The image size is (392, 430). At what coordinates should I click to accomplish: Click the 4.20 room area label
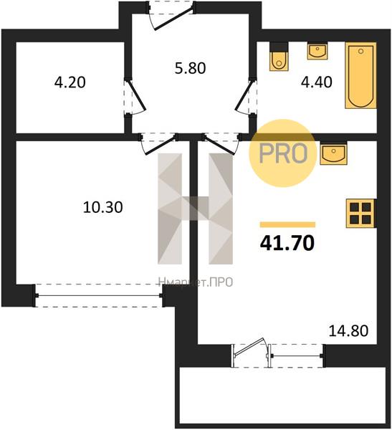click(x=70, y=82)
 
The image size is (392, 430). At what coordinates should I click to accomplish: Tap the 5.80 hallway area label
click(x=191, y=68)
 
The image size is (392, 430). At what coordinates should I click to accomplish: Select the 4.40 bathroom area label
click(x=317, y=82)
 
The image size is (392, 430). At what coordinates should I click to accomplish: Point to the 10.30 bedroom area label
click(x=102, y=207)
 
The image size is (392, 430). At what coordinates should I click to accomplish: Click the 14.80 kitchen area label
click(x=348, y=330)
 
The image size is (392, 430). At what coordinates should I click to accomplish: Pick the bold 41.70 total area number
click(x=287, y=243)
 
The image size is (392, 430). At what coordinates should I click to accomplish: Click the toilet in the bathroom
click(x=279, y=57)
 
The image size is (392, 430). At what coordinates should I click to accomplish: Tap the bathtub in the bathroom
click(x=360, y=75)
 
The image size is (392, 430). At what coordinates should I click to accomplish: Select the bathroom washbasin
click(x=317, y=51)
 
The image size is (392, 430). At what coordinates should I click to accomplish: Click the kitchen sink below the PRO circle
click(x=333, y=153)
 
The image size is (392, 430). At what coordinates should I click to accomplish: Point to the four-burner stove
click(x=360, y=214)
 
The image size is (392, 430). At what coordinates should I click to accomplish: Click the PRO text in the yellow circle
click(x=283, y=153)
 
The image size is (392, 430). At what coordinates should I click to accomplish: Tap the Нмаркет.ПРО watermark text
click(x=196, y=282)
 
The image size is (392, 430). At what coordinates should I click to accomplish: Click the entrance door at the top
click(x=171, y=16)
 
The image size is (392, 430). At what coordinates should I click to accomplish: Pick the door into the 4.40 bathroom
click(x=246, y=97)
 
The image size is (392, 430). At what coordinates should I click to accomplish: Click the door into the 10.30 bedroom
click(x=159, y=144)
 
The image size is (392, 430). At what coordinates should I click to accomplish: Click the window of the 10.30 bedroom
click(x=99, y=295)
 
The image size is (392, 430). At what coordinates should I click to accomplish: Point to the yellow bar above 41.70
click(x=287, y=225)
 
